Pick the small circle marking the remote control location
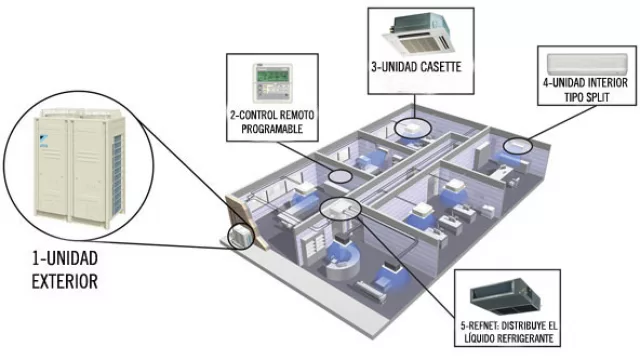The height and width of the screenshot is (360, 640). (x=340, y=176)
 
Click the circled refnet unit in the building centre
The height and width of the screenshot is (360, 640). (x=340, y=209)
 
